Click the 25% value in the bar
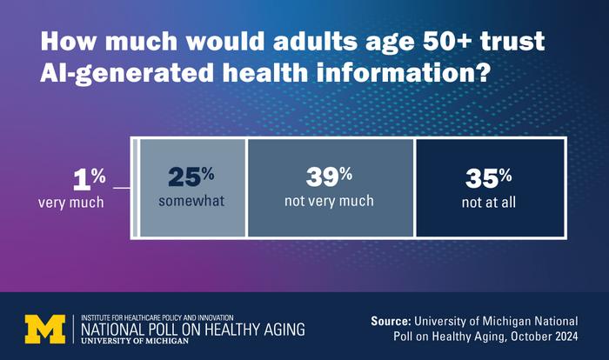coord(189,177)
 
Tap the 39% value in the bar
coord(329,177)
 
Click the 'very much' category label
coord(70,203)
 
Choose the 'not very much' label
coord(329,201)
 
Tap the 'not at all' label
coord(486,201)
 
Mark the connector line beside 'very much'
coord(120,187)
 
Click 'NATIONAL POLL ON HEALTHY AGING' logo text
coord(192,329)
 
